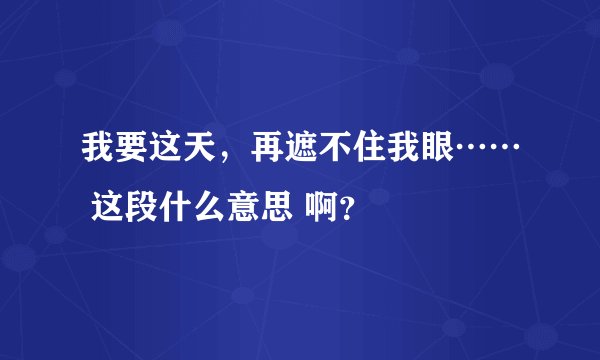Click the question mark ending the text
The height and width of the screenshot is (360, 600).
click(x=345, y=211)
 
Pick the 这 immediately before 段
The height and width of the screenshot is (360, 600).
click(x=111, y=209)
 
